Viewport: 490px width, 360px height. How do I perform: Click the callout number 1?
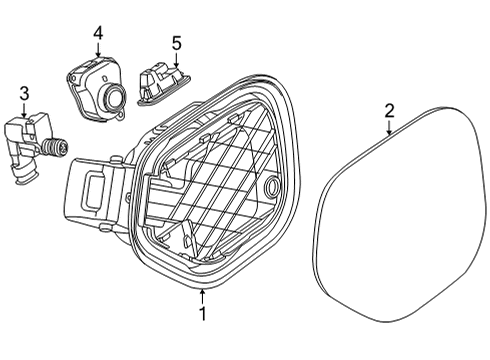pyautogui.click(x=202, y=313)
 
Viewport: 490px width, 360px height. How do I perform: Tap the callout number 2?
pyautogui.click(x=389, y=111)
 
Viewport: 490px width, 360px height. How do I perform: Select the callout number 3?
pyautogui.click(x=24, y=94)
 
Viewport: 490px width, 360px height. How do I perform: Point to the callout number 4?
pyautogui.click(x=98, y=33)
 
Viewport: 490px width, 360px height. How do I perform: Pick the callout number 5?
pyautogui.click(x=177, y=43)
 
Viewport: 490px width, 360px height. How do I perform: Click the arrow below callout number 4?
pyautogui.click(x=98, y=49)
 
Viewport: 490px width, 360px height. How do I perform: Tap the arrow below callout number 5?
pyautogui.click(x=176, y=59)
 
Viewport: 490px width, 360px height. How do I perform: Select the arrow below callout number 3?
pyautogui.click(x=24, y=109)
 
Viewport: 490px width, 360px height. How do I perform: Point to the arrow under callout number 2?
pyautogui.click(x=389, y=127)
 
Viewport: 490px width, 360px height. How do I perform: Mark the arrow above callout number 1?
pyautogui.click(x=202, y=296)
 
